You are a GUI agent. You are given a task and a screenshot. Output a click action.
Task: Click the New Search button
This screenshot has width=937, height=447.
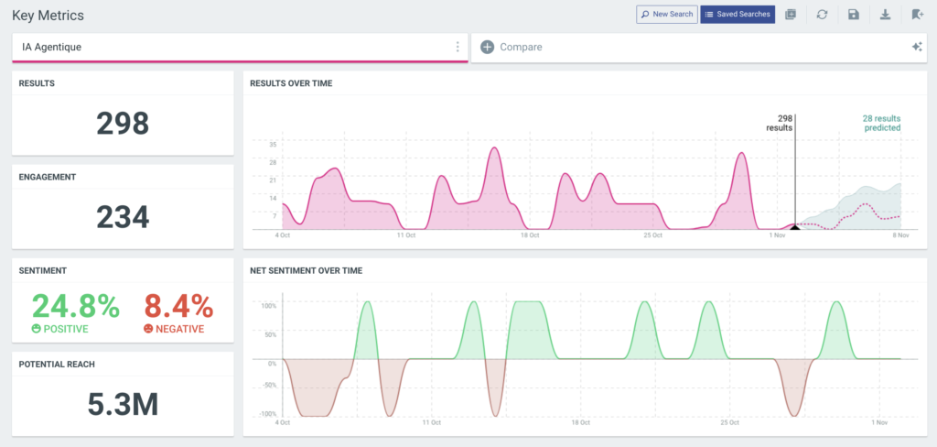666,15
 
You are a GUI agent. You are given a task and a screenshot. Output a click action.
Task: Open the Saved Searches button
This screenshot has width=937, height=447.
738,15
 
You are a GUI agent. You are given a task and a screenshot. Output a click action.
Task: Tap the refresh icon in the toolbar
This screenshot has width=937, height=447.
822,15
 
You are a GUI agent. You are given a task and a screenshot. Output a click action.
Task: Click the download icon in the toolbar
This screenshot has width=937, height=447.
885,15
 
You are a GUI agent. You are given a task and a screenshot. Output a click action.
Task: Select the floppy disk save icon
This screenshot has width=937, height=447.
854,15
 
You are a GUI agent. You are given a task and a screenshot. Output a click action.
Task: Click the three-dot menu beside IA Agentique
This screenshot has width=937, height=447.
458,47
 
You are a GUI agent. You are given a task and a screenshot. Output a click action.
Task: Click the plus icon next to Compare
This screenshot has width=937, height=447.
487,47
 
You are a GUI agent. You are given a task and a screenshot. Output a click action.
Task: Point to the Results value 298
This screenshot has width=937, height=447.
123,124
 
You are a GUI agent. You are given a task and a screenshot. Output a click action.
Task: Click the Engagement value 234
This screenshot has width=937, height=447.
123,217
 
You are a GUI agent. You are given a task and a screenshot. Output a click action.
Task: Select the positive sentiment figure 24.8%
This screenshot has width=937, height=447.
76,306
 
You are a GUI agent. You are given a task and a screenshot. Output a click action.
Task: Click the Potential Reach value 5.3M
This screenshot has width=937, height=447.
123,404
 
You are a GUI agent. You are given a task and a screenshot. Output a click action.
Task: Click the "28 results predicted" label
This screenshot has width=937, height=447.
881,123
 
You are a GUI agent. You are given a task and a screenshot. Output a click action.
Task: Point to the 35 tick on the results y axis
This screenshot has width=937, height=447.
273,145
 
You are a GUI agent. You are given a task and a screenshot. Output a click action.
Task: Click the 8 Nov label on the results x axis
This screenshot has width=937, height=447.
900,235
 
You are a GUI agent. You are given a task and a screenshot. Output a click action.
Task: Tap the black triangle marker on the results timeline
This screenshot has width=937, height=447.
794,226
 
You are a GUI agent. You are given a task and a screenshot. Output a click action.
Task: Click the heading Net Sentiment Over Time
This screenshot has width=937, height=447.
306,270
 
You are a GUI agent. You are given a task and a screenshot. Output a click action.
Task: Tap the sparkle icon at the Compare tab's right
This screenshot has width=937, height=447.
916,47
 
